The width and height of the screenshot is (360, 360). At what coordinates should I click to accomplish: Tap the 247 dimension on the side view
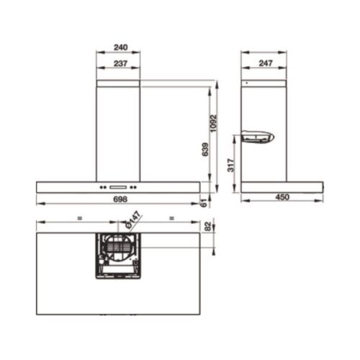pos(264,64)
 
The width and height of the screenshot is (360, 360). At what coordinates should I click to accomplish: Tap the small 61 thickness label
pos(205,206)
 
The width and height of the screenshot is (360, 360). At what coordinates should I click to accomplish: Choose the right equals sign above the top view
pos(171,216)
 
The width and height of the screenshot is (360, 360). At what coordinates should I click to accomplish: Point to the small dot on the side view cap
pos(246,84)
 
